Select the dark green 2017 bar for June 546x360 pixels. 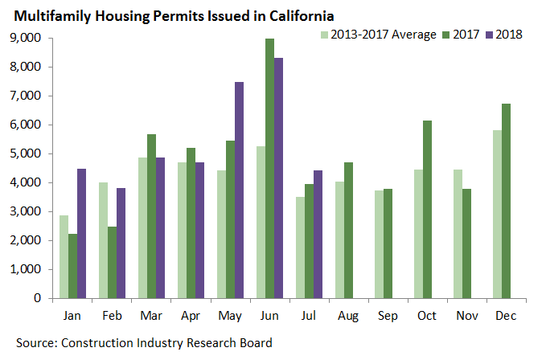pyautogui.click(x=269, y=168)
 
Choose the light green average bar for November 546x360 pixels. pyautogui.click(x=458, y=233)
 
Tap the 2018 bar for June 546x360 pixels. pyautogui.click(x=279, y=178)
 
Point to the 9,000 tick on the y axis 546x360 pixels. pyautogui.click(x=28, y=38)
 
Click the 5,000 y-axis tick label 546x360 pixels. pyautogui.click(x=28, y=153)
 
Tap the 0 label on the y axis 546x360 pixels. pyautogui.click(x=38, y=298)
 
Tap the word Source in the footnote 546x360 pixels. pyautogui.click(x=36, y=343)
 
